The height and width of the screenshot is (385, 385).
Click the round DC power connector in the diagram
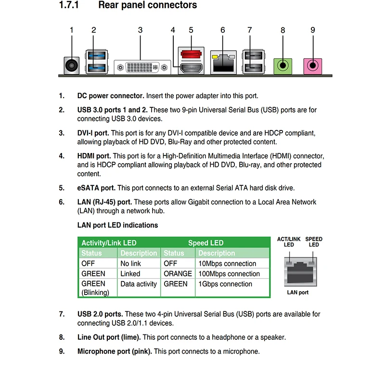point(71,65)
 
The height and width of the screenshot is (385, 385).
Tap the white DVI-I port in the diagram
point(142,67)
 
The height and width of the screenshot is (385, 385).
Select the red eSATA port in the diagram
point(191,52)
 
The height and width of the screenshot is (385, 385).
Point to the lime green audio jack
point(283,65)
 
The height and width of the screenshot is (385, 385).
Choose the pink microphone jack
point(313,65)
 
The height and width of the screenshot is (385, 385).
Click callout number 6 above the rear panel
point(223,30)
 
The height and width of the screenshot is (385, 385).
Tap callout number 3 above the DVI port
point(140,30)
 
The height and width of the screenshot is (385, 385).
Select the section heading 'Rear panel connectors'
point(147,5)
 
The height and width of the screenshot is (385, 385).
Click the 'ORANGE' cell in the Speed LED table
point(178,274)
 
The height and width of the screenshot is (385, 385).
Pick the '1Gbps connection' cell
point(225,284)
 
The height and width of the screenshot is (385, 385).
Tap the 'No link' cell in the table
point(131,264)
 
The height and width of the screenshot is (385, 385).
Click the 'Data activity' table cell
point(139,284)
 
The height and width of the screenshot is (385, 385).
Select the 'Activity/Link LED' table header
point(109,243)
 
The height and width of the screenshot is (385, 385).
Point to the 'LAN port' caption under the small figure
point(297,292)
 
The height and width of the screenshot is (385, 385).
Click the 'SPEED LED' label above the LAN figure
point(314,242)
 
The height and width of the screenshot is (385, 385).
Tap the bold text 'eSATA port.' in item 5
point(96,188)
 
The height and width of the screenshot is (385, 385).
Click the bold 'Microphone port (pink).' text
point(115,351)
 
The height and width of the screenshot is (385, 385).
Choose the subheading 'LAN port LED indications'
point(117,225)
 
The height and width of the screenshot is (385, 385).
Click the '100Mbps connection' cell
point(229,274)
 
